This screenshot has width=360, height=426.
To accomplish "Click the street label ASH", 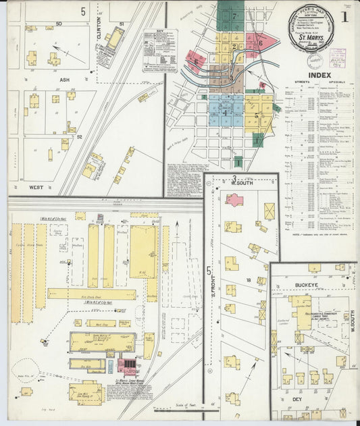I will point(65,80).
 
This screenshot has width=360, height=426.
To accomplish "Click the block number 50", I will point(59,24).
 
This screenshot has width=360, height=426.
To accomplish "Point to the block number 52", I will point(79,137).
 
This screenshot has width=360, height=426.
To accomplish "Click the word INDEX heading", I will point(319,75).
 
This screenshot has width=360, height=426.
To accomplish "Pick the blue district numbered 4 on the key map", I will point(226,113).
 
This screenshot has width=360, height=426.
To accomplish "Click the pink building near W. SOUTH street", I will point(234,200).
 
